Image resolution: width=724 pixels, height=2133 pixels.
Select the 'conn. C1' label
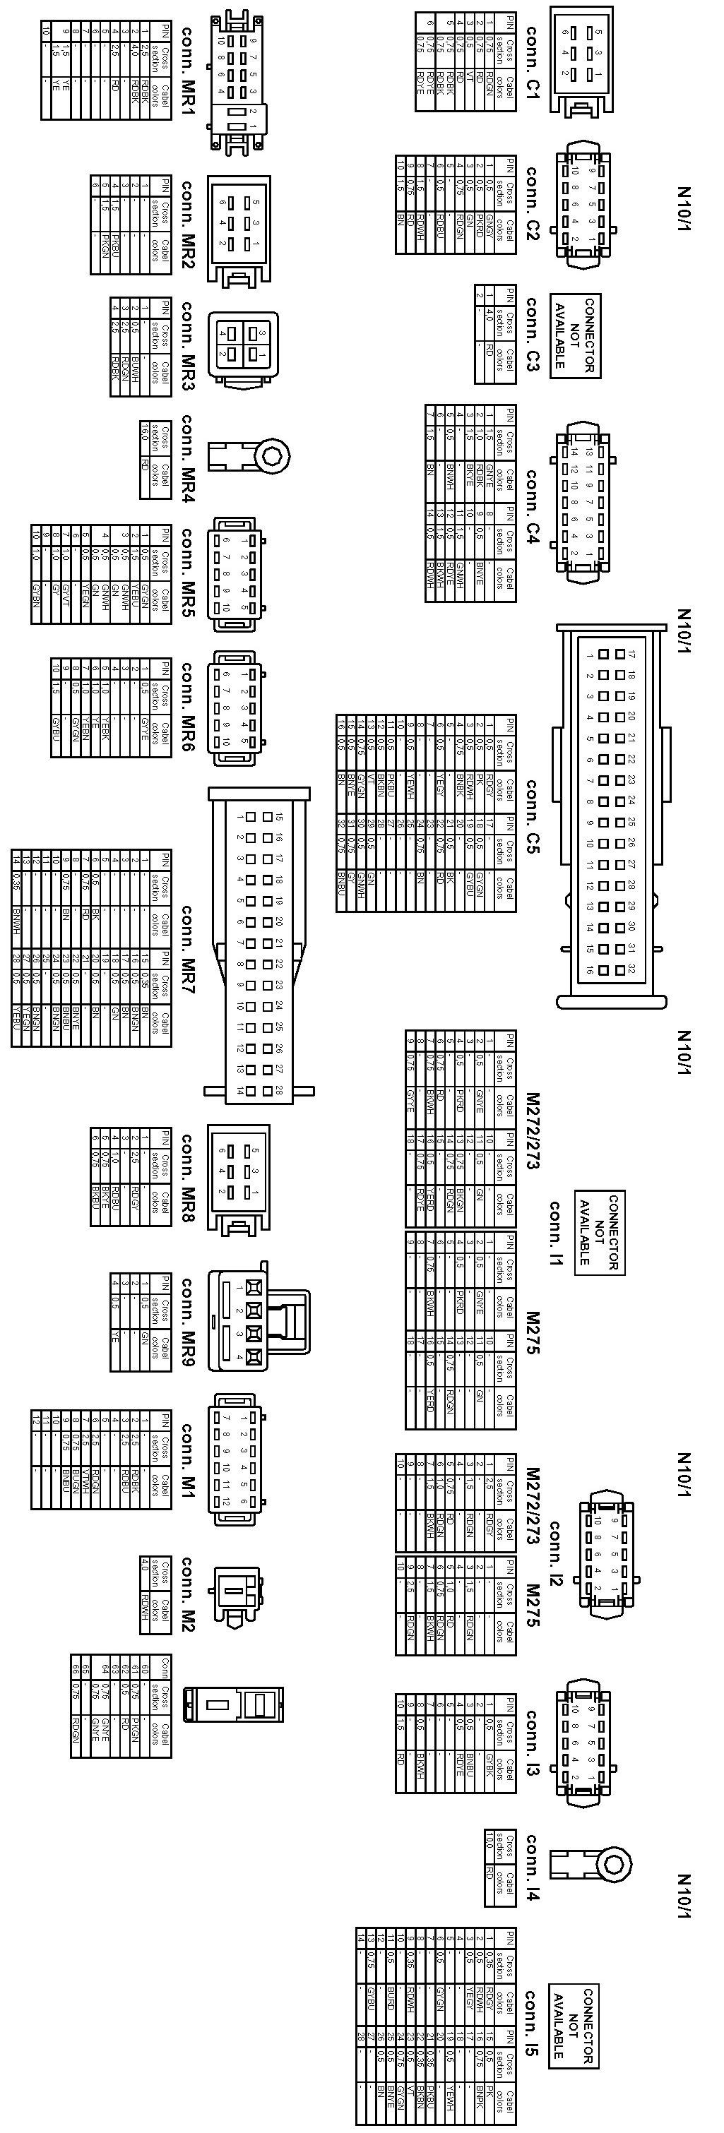[x=531, y=63]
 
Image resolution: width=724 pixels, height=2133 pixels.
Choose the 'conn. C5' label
[x=531, y=815]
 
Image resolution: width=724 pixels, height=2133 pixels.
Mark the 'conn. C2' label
[x=531, y=203]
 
